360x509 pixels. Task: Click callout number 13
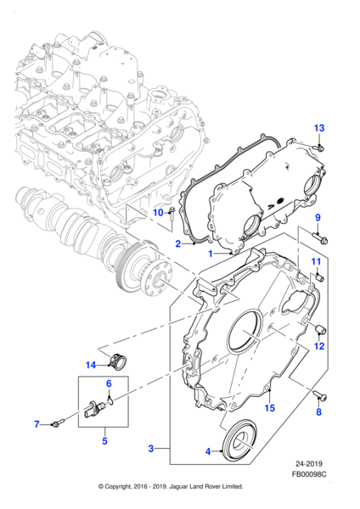pyautogui.click(x=318, y=128)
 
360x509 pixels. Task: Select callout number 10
pyautogui.click(x=158, y=212)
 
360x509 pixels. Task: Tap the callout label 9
pyautogui.click(x=318, y=219)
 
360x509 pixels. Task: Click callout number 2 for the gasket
pyautogui.click(x=179, y=243)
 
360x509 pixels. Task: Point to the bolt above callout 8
pyautogui.click(x=322, y=394)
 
